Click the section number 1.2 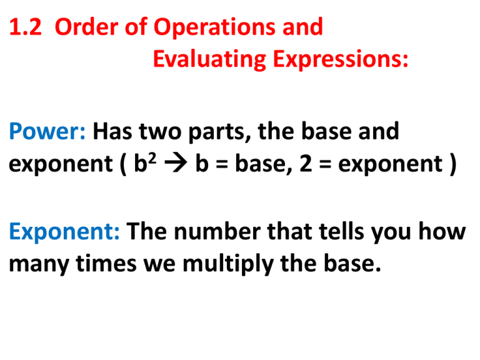click(x=23, y=27)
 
